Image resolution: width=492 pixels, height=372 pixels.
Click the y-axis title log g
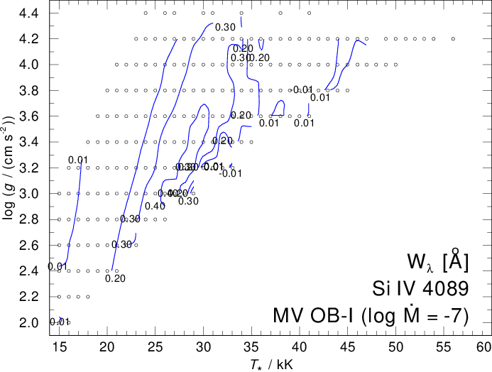tap(10, 168)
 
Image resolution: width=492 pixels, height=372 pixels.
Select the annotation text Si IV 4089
tap(420, 288)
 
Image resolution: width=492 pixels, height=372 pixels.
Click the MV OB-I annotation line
tap(371, 314)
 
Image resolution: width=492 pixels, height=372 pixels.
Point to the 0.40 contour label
tap(155, 207)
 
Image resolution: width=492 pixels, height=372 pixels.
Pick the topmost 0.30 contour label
tap(224, 28)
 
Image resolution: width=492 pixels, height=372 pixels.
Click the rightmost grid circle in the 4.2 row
tap(453, 39)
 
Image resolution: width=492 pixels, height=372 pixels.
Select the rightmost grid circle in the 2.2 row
tap(88, 297)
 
